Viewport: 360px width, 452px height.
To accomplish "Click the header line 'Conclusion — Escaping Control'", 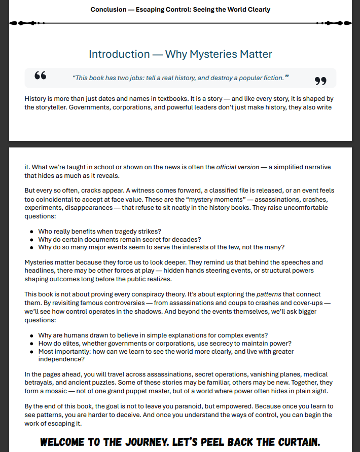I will (180, 10).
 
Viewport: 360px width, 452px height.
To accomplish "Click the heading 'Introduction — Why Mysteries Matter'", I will (180, 54).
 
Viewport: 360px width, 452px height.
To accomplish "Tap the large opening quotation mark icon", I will (41, 77).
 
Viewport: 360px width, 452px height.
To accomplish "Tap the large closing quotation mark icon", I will (320, 81).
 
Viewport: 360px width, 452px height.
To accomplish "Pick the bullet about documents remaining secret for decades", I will (120, 240).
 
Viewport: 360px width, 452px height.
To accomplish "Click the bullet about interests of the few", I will (161, 247).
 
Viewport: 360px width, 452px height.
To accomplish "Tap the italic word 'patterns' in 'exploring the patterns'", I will (269, 294).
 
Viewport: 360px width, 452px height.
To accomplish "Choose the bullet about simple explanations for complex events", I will (153, 335).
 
